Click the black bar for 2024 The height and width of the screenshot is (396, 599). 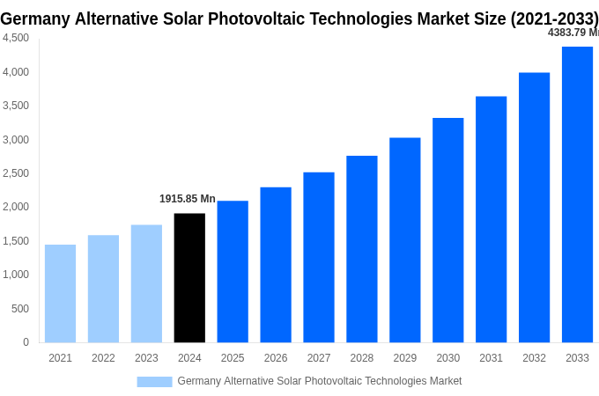189,277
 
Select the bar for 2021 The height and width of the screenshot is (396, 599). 60,293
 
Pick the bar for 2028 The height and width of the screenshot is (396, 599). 361,249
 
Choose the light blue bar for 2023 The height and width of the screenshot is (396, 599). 146,283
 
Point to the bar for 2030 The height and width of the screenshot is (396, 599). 447,230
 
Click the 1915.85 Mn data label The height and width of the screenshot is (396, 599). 187,199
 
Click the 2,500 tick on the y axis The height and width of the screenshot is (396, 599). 15,173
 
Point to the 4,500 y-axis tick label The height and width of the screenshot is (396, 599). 15,38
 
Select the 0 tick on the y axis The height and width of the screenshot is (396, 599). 26,342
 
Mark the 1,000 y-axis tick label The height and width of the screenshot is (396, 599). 15,275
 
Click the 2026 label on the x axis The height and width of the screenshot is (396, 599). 276,358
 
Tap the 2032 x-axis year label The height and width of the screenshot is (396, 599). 534,358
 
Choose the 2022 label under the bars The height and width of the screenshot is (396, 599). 103,358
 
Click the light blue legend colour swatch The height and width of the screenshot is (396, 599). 154,381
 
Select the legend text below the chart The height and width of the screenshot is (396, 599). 319,381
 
